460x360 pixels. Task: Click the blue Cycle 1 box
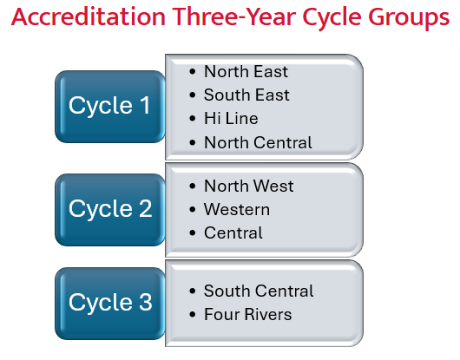(x=109, y=106)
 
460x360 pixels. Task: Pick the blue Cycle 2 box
(x=109, y=209)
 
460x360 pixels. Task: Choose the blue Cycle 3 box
(x=109, y=303)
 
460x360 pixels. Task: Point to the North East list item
(x=246, y=71)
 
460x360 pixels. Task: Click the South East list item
(x=246, y=95)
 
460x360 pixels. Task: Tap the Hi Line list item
(x=231, y=118)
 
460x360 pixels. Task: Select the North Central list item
(x=258, y=141)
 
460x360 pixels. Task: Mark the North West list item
(x=248, y=186)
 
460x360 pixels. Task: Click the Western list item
(x=236, y=209)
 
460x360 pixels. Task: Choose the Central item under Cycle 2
(x=233, y=232)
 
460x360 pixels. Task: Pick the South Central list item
(x=259, y=291)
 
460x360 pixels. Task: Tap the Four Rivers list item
(x=247, y=314)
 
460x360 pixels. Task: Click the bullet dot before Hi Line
(x=192, y=118)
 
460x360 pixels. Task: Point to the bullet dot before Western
(x=192, y=209)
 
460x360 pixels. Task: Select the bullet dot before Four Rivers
(x=192, y=314)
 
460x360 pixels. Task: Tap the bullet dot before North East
(x=192, y=71)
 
